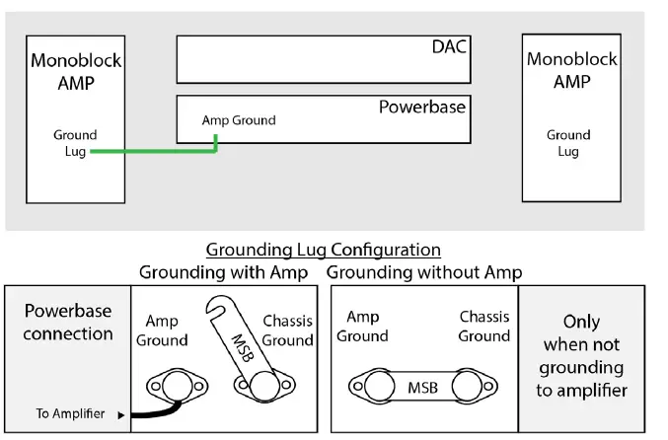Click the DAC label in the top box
(449, 46)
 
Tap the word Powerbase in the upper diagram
(421, 107)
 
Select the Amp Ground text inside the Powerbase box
(239, 120)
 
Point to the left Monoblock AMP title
(75, 71)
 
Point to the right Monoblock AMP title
(571, 71)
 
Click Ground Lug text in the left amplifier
(75, 143)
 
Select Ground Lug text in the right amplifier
(568, 143)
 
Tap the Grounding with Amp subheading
(223, 271)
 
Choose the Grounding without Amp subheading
(424, 271)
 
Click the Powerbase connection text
(68, 322)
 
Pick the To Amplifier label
(70, 413)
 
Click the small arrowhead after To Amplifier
(121, 414)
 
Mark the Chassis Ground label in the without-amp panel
(484, 327)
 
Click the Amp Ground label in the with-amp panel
(162, 330)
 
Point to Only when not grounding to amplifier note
(580, 355)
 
